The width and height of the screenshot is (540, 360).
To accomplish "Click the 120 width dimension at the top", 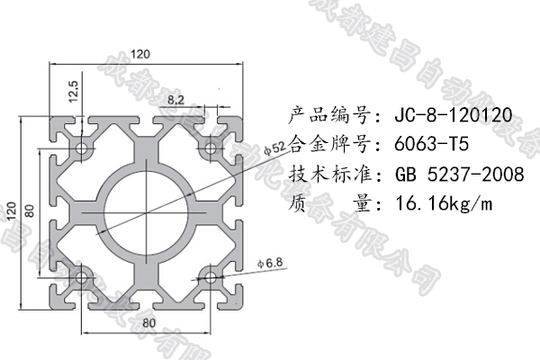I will tap(139, 53).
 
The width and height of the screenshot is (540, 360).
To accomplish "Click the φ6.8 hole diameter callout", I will tap(270, 263).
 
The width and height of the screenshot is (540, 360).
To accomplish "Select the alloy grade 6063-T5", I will tap(432, 144).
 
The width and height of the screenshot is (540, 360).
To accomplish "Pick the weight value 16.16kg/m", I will tap(444, 203).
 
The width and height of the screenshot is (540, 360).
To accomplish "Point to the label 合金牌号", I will tap(329, 144).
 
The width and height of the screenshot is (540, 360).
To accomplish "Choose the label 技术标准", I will tap(329, 174).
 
